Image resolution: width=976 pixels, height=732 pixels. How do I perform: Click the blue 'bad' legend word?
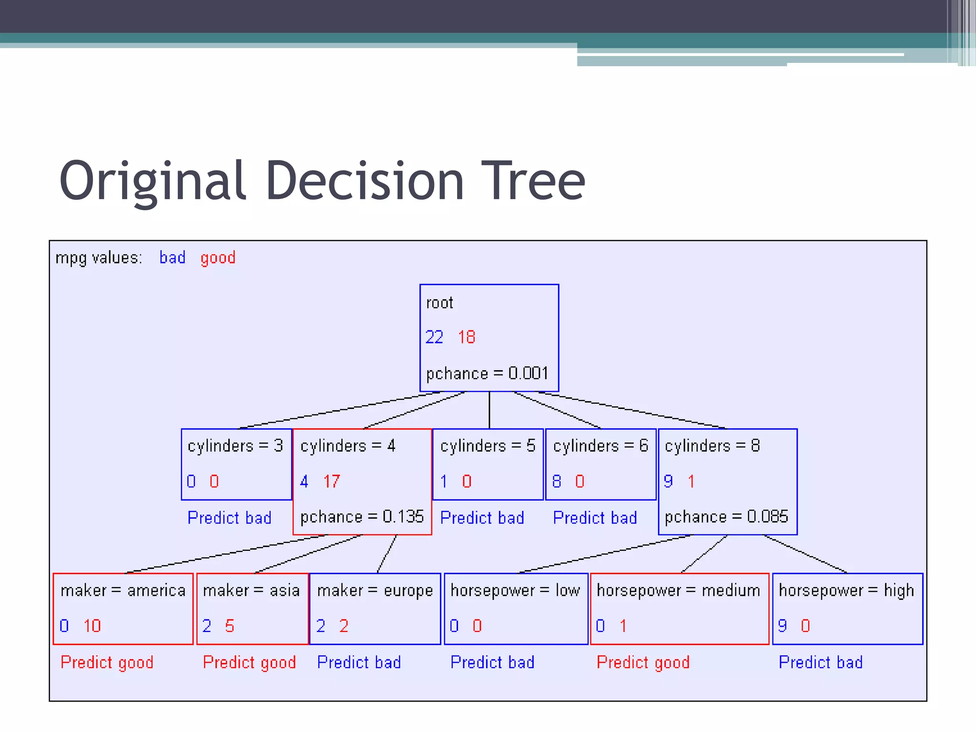pyautogui.click(x=172, y=258)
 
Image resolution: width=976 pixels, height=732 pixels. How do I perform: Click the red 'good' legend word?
pyautogui.click(x=218, y=258)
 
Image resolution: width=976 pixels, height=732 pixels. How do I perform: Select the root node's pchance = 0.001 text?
pyautogui.click(x=487, y=373)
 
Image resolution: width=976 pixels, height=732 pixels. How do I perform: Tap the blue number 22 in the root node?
pyautogui.click(x=434, y=337)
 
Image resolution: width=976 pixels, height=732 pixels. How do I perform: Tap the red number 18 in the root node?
pyautogui.click(x=467, y=337)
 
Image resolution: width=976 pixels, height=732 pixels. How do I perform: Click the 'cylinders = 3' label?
pyautogui.click(x=235, y=446)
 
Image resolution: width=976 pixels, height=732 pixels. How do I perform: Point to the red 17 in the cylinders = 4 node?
pyautogui.click(x=332, y=481)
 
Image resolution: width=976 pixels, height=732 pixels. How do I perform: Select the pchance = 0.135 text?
pyautogui.click(x=362, y=517)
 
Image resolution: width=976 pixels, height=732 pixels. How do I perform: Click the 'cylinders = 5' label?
pyautogui.click(x=488, y=446)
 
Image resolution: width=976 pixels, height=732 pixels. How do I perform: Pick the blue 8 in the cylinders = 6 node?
pyautogui.click(x=557, y=481)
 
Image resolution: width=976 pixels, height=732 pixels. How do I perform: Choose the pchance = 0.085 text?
pyautogui.click(x=726, y=517)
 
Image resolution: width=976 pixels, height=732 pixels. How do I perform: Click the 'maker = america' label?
pyautogui.click(x=123, y=591)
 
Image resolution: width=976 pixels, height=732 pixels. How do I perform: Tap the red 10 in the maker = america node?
pyautogui.click(x=92, y=626)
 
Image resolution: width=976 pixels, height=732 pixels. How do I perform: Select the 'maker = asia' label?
pyautogui.click(x=251, y=591)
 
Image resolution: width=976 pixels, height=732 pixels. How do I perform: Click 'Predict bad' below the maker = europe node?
pyautogui.click(x=359, y=662)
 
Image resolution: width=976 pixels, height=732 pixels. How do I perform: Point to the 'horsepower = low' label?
pyautogui.click(x=515, y=591)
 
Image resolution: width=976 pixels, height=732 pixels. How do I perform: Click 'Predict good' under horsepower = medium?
pyautogui.click(x=643, y=662)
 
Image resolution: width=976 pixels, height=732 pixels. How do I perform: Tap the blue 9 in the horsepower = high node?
pyautogui.click(x=782, y=626)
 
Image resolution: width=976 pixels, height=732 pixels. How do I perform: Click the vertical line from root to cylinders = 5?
pyautogui.click(x=489, y=410)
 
